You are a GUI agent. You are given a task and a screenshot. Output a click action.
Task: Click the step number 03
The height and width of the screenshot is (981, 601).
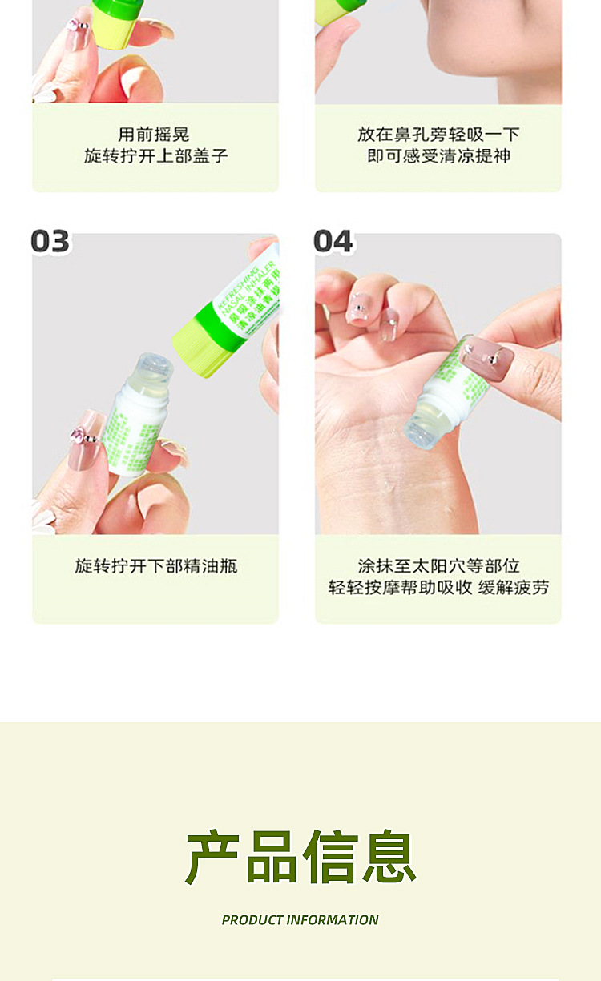(x=50, y=241)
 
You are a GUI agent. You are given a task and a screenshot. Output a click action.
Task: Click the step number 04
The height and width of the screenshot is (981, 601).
(x=333, y=241)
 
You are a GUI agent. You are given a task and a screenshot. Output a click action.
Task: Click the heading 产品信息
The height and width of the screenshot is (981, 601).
(x=300, y=858)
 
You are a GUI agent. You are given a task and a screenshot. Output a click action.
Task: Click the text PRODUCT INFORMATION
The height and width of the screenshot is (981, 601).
(x=300, y=920)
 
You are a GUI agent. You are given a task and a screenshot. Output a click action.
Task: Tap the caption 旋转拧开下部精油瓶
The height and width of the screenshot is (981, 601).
(x=155, y=566)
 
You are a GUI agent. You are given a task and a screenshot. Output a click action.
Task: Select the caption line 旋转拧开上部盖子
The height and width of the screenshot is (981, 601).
(x=155, y=155)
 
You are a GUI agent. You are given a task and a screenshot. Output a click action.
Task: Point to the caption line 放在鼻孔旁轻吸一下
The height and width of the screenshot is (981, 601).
(x=438, y=135)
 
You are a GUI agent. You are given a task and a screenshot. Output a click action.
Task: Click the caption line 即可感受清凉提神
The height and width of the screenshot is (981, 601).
(x=438, y=155)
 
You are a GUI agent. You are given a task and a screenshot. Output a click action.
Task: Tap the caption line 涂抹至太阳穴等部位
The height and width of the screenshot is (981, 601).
(x=438, y=566)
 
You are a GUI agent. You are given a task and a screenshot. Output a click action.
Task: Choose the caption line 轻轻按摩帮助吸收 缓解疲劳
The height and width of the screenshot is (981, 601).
(x=438, y=588)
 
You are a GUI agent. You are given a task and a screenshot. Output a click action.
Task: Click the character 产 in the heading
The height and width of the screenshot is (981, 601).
(x=212, y=858)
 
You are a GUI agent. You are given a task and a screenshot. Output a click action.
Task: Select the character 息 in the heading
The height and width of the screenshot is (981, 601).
(x=389, y=858)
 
